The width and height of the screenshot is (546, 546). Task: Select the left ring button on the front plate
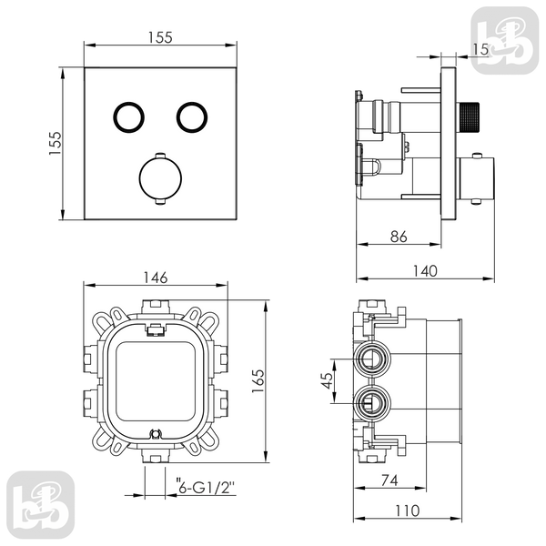pos(129,117)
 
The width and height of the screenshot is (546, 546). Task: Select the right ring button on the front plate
pos(192,117)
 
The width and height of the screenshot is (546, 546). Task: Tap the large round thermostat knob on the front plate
pos(160,178)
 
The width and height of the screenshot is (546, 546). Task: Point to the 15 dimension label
pos(480,49)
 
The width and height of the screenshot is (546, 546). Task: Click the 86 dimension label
pos(399,237)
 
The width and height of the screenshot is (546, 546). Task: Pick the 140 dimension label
pos(425,271)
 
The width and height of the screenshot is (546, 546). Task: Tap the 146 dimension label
pos(156,278)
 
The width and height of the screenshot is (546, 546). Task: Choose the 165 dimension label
pos(258,381)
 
